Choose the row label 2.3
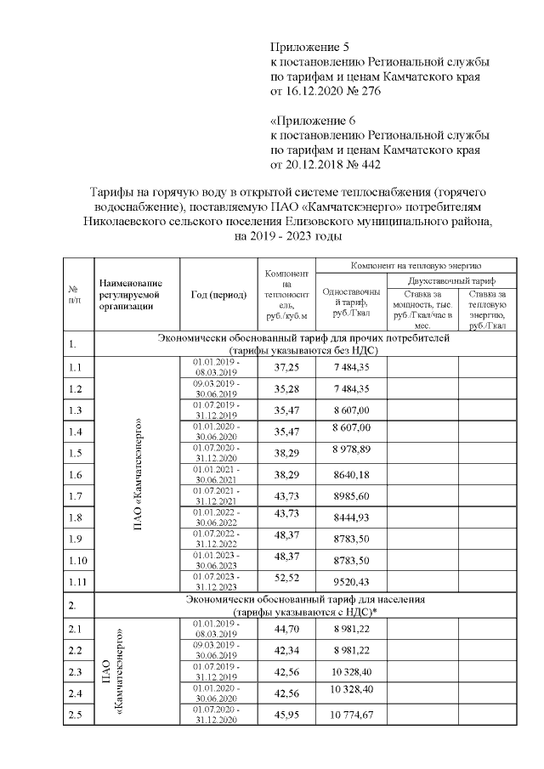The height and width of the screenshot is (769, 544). tap(76, 672)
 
